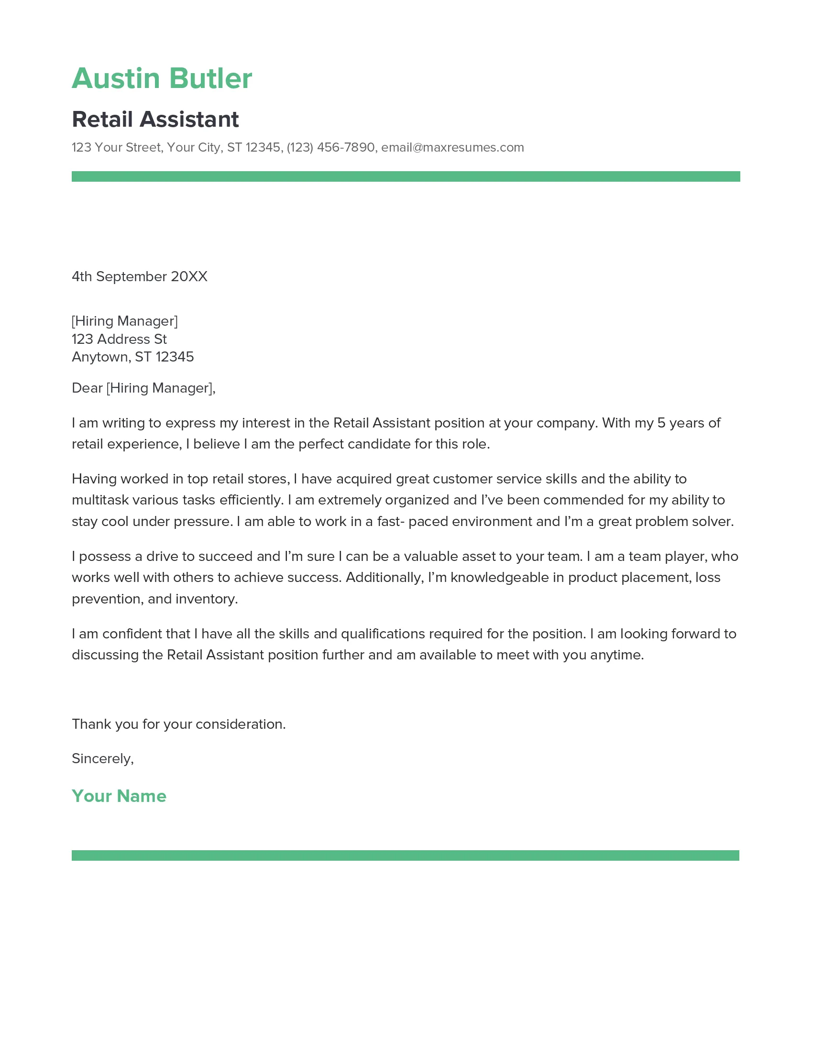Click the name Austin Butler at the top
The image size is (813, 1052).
[162, 78]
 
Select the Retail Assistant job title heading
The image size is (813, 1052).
[155, 120]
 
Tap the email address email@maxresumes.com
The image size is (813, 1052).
[452, 147]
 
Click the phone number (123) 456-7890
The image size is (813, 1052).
[330, 147]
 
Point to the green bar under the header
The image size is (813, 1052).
[406, 176]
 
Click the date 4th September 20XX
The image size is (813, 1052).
[139, 276]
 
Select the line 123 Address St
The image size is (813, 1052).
[119, 339]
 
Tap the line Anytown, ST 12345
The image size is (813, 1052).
[132, 357]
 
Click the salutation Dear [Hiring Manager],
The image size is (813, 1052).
[143, 388]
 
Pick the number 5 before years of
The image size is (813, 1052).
[661, 423]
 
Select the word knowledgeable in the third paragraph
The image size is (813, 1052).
[499, 578]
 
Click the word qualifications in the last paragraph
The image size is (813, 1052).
[383, 634]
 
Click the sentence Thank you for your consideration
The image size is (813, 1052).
[179, 724]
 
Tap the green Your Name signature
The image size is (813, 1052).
[119, 796]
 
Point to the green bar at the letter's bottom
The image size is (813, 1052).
[405, 855]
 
